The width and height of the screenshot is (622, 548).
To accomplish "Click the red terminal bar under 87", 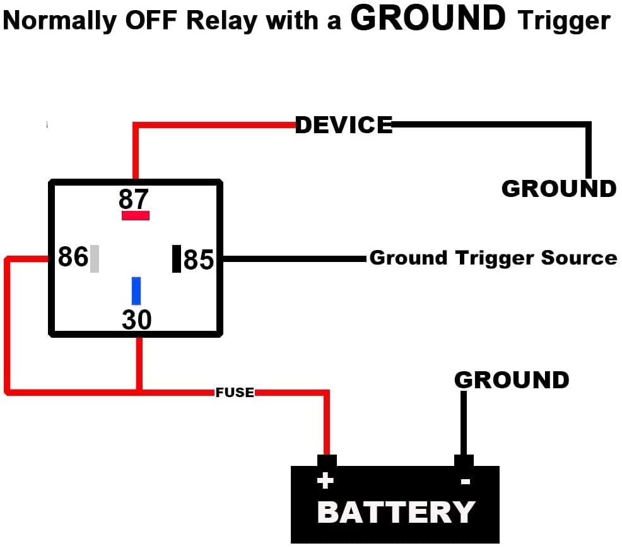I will [136, 215].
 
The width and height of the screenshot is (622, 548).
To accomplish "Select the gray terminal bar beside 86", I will [95, 258].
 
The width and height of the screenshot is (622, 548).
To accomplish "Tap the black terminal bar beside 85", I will [177, 259].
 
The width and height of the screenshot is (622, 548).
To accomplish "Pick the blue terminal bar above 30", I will [136, 290].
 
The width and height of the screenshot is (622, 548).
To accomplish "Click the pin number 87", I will [134, 200].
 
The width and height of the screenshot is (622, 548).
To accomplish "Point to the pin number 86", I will [73, 258].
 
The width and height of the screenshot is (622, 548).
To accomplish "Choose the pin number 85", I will [199, 259].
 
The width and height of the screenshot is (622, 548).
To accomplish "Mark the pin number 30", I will [137, 320].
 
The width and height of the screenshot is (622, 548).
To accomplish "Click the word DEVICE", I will [344, 125].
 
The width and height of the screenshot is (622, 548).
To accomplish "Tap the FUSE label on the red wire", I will [235, 393].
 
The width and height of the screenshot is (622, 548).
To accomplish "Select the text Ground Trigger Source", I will [493, 258].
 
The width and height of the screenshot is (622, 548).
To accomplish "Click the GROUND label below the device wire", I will [558, 189].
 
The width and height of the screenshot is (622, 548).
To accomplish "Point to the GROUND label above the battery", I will [512, 380].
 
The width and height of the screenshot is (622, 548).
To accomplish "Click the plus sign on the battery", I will [324, 482].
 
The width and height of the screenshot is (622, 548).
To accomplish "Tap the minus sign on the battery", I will [465, 482].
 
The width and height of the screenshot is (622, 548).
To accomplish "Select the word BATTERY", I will [396, 512].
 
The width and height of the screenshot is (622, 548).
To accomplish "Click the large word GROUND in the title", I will [428, 19].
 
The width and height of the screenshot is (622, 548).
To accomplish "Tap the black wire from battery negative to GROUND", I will [464, 423].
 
